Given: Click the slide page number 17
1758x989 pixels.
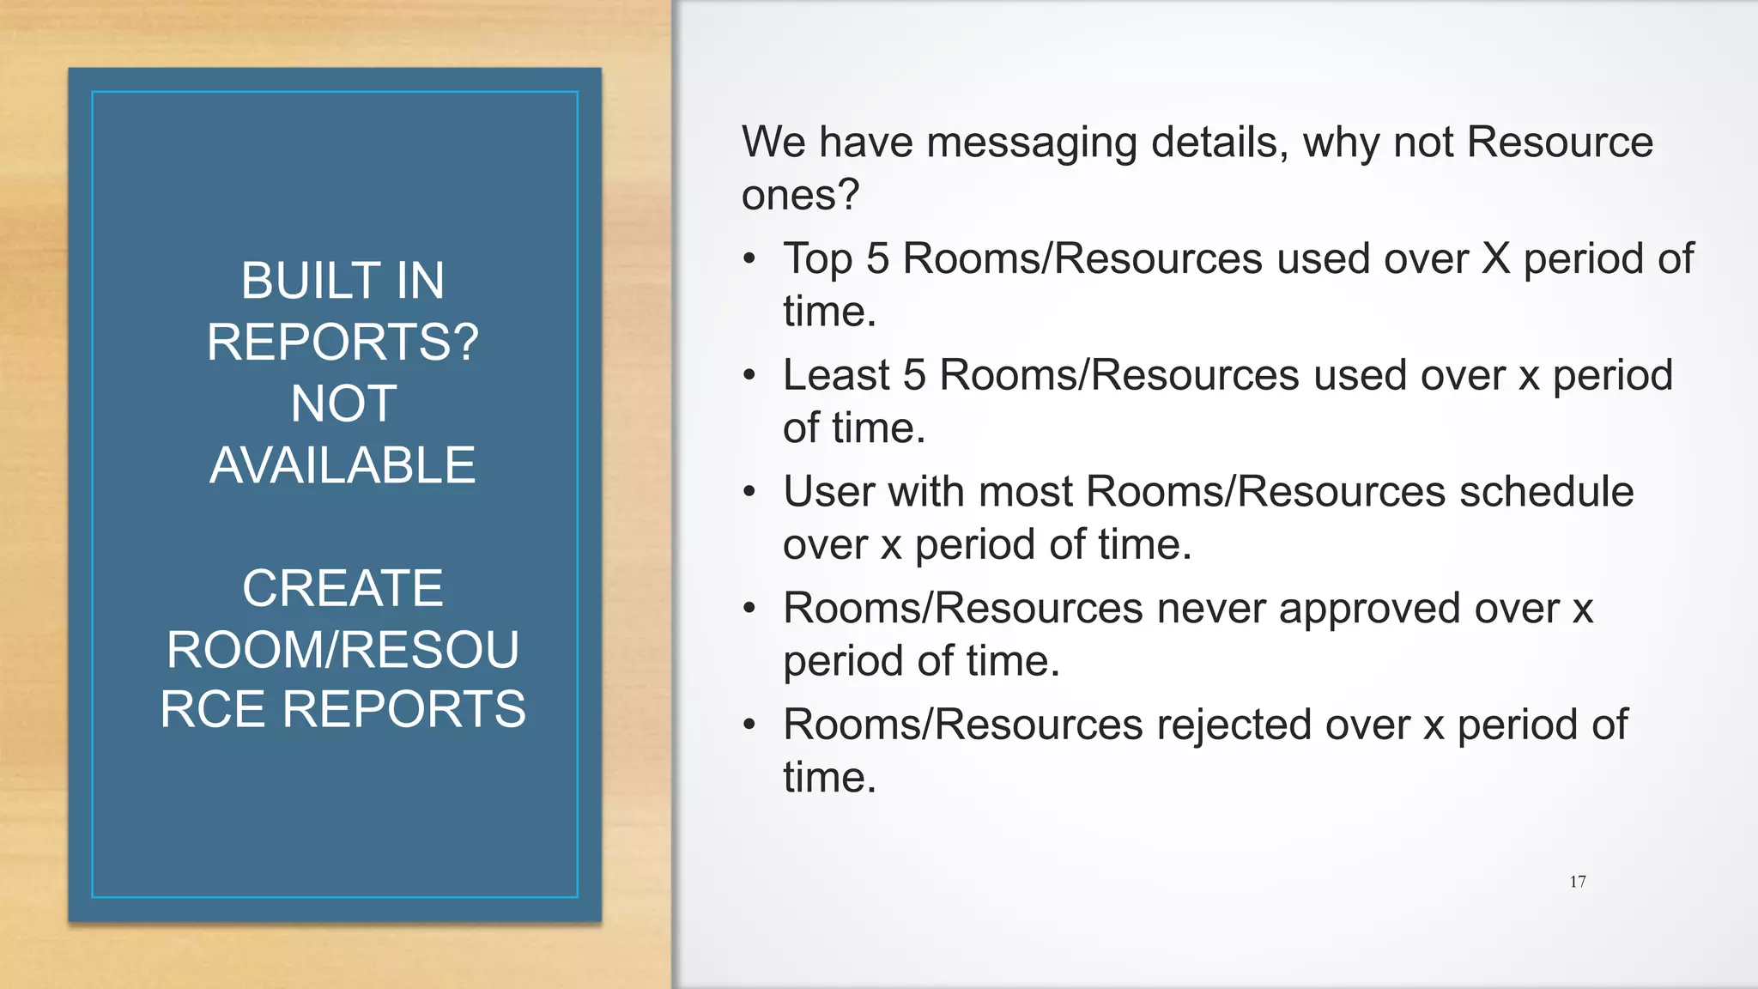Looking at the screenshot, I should coord(1577,882).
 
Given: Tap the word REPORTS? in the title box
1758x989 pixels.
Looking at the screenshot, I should coord(343,342).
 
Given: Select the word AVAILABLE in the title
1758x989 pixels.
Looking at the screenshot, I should coord(343,465).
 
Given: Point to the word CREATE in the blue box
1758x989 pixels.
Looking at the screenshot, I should coord(343,588).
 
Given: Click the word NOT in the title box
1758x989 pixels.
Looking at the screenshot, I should coord(343,403).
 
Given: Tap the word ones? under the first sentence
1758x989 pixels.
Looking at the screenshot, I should coord(800,195).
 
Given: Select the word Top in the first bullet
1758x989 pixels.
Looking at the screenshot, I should coord(817,260).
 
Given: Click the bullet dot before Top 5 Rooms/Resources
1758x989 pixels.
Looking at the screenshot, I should coord(750,259).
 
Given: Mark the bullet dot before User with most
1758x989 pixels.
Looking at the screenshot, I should coord(750,493).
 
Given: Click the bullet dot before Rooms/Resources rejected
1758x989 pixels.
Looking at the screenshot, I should coord(750,725).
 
